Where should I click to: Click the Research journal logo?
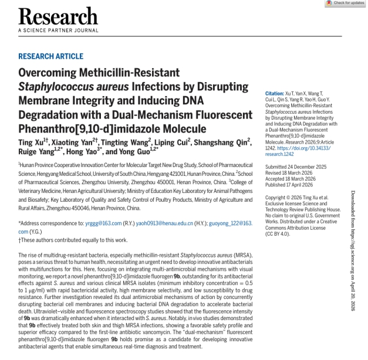tap(58, 16)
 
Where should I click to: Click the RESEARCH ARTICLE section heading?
tap(50, 56)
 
